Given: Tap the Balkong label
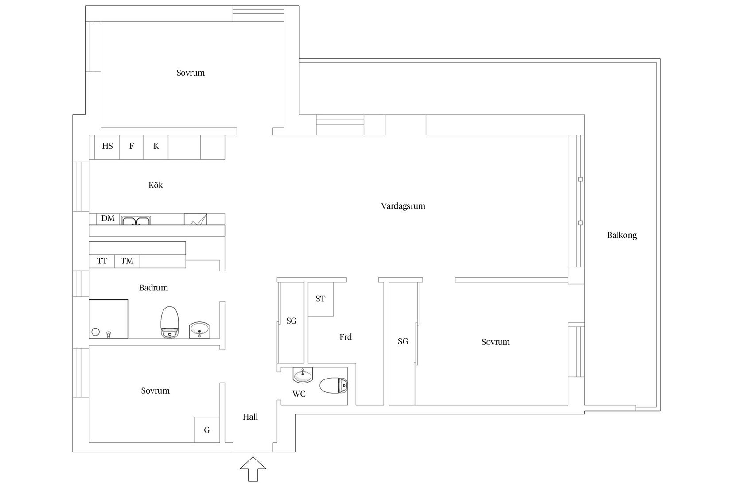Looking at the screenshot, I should (622, 235).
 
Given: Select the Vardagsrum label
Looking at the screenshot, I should (403, 206).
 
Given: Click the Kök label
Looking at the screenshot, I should (156, 185).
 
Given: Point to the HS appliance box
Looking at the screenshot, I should (107, 147).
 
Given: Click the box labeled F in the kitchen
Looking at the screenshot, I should (132, 147).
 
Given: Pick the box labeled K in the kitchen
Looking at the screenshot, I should (156, 147).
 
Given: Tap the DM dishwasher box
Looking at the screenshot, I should (108, 219).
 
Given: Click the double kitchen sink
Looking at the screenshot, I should (136, 220).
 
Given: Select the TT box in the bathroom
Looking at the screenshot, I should (102, 261).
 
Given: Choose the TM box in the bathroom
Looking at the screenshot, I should (127, 261).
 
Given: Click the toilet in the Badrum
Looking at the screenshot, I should (170, 322).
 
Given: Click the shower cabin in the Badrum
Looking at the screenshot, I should (109, 319).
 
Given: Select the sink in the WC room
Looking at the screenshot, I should (303, 375).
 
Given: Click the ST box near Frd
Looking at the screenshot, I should (320, 299).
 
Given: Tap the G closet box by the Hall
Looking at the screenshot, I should (207, 429).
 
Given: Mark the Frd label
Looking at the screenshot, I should (346, 337).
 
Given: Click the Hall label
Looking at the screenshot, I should (250, 417).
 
